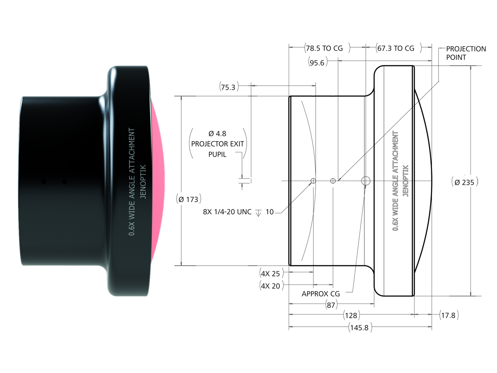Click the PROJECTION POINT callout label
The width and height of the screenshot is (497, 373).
(465, 53)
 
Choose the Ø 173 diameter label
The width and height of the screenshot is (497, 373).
(188, 200)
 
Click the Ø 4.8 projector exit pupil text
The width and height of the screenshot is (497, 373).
(218, 144)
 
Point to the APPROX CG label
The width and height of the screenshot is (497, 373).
(321, 293)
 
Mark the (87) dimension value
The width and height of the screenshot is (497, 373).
(332, 305)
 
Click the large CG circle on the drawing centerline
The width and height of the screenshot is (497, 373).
(365, 181)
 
